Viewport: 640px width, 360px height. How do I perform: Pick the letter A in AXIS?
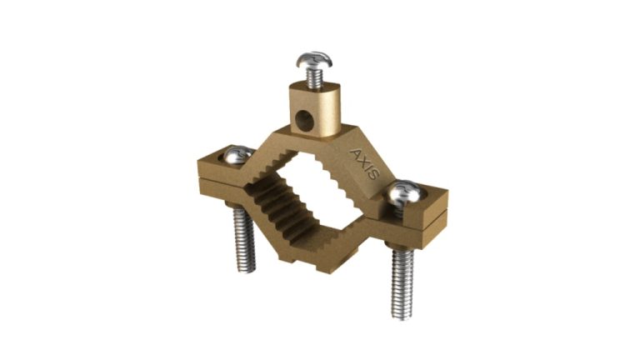356,153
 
